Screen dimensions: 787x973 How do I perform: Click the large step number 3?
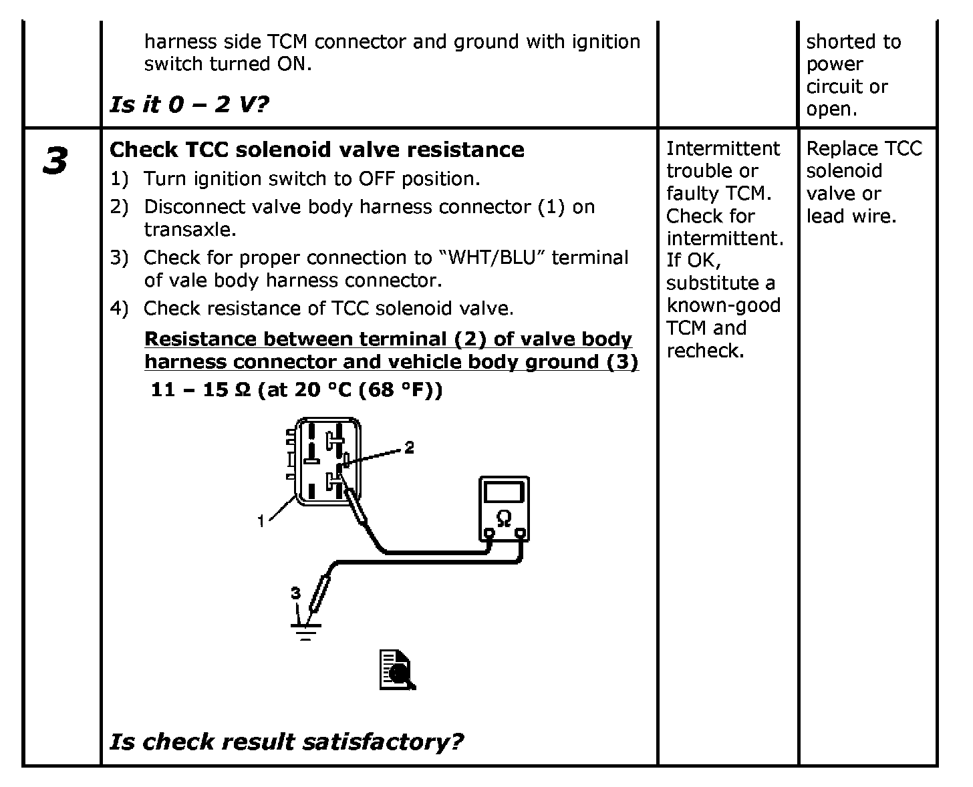coord(55,161)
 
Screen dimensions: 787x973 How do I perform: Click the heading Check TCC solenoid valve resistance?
coord(317,150)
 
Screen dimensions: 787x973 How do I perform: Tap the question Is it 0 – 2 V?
coord(189,104)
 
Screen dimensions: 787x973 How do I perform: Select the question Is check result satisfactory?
coord(286,741)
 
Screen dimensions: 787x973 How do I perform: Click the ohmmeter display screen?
coord(504,492)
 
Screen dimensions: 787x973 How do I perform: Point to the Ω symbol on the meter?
coord(504,518)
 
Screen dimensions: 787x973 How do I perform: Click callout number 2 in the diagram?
coord(409,447)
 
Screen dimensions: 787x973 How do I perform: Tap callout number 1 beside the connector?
coord(261,521)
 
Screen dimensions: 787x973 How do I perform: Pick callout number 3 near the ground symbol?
coord(295,593)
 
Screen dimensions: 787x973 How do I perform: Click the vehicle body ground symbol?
coord(306,630)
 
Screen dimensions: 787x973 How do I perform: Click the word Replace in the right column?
coord(842,148)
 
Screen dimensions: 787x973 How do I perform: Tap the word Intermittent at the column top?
coord(723,148)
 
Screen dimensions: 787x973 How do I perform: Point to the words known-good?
coord(723,305)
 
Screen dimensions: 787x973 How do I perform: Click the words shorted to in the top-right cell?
coord(853,41)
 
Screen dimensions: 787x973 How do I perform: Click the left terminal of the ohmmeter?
coord(489,534)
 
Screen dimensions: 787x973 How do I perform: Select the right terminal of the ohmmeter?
coord(520,534)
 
